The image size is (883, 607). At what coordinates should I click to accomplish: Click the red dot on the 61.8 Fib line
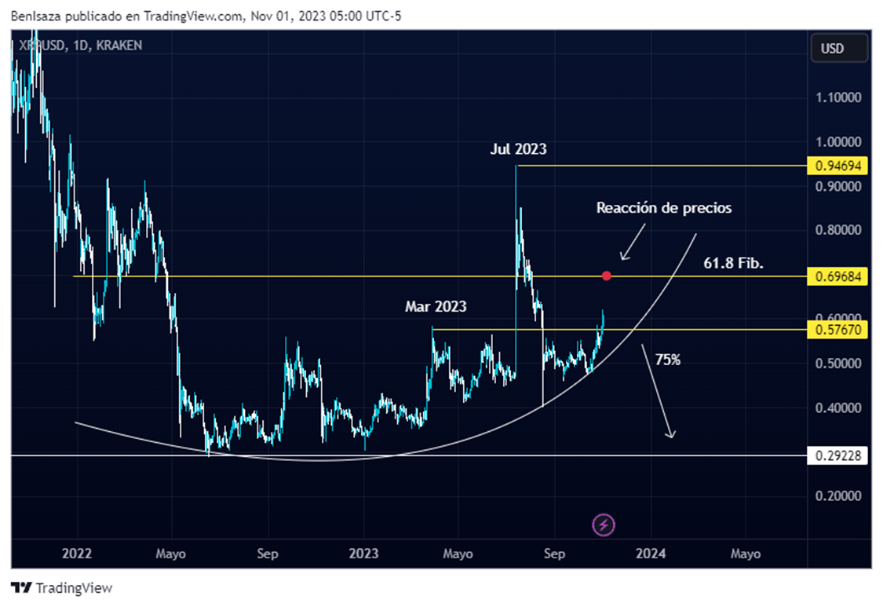coord(606,276)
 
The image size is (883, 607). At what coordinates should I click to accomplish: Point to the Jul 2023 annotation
coord(518,149)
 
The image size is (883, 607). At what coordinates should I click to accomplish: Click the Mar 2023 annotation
coord(436,307)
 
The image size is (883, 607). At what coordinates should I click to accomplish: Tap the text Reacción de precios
coord(664,208)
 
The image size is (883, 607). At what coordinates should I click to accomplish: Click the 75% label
coord(667,360)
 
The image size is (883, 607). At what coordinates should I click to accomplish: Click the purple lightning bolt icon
coord(604,525)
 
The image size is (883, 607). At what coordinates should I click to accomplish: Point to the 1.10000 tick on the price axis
coord(839,98)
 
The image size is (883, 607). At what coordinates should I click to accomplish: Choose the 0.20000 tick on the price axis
coord(839,496)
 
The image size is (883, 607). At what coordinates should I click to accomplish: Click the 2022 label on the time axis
coord(76,554)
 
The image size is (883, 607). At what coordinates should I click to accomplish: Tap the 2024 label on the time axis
coord(651,554)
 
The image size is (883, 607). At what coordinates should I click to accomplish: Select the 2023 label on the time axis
coord(363,554)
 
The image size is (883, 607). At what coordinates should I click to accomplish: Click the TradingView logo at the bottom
coord(62,588)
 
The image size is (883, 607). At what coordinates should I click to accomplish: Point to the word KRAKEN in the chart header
coord(118,46)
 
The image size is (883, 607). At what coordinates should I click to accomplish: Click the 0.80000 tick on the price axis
coord(839,231)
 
